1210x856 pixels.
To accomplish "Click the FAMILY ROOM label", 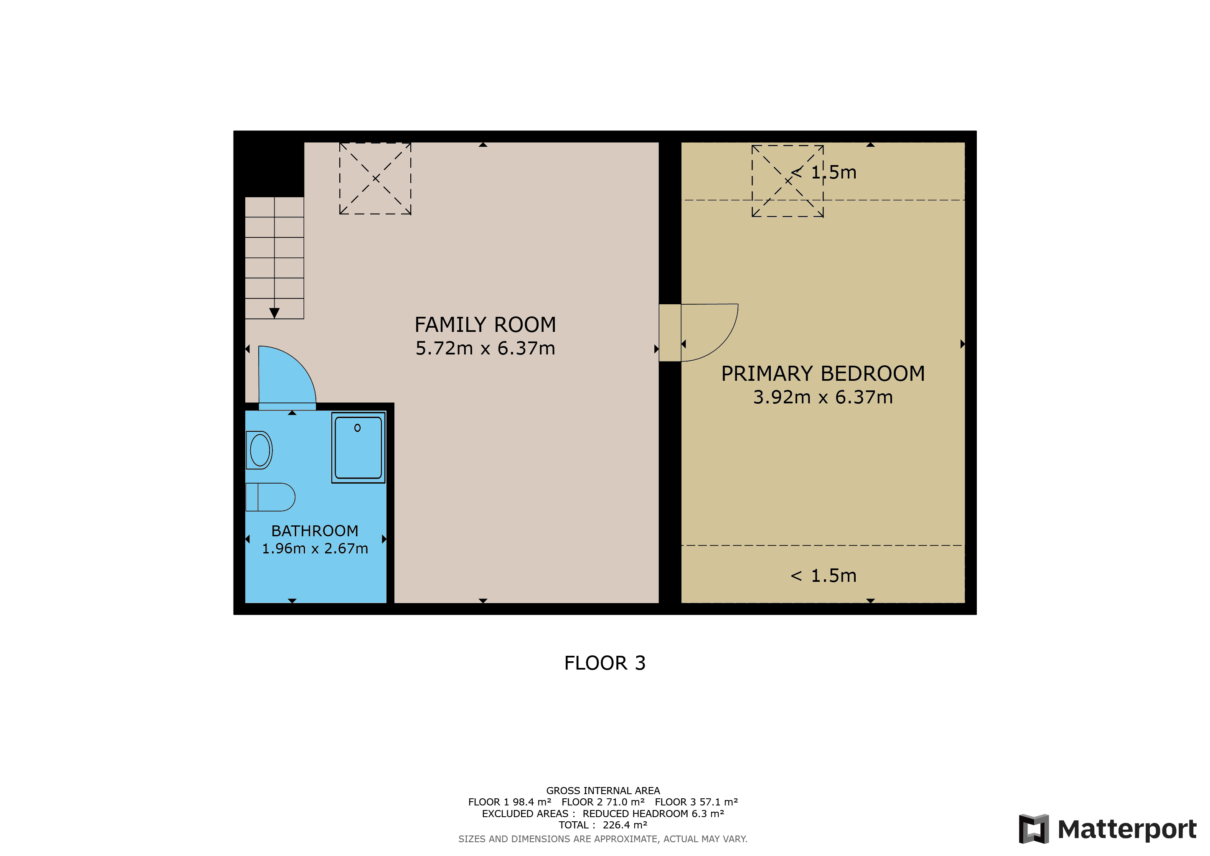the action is [x=485, y=325].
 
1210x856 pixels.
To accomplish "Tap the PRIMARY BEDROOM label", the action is [x=823, y=374].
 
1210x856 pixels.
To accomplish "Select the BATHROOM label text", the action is [x=315, y=531].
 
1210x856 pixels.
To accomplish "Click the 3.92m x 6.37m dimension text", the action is [x=823, y=397].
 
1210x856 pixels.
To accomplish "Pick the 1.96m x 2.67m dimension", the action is [x=315, y=549].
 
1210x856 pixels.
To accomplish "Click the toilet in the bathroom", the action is [x=270, y=497].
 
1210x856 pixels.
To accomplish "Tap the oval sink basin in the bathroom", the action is [x=259, y=450].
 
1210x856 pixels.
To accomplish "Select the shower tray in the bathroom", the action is [x=358, y=448].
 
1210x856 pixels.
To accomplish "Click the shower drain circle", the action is [x=357, y=428].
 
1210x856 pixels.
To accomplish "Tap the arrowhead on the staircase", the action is [x=274, y=313].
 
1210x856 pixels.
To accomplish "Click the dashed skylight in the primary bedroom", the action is [x=787, y=181].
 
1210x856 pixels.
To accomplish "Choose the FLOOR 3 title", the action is [x=605, y=663].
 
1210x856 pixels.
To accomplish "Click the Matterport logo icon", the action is [x=1033, y=828].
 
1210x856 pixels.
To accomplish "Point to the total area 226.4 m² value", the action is [x=625, y=825].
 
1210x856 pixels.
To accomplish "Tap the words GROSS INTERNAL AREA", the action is [x=603, y=791].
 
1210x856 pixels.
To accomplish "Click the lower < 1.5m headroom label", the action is [x=823, y=576].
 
